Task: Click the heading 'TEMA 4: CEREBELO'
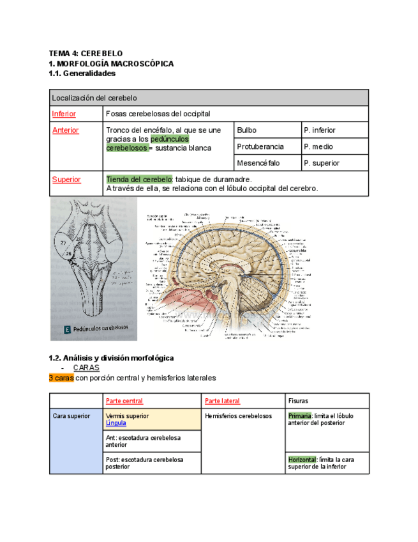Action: (x=85, y=54)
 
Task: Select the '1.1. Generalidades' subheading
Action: (x=82, y=74)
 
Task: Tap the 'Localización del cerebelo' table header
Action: (x=94, y=98)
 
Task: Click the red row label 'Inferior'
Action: (x=64, y=114)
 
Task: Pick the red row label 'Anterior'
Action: (x=65, y=130)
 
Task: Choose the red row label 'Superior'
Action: (x=66, y=180)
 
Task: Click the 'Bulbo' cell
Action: (x=246, y=130)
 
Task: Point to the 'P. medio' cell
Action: (x=318, y=146)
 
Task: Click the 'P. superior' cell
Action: (x=322, y=163)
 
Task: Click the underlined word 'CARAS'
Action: (x=86, y=368)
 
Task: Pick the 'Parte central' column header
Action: (x=124, y=401)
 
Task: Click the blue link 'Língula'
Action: (x=116, y=423)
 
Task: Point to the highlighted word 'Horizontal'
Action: (x=302, y=460)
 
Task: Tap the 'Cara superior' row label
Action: (x=71, y=416)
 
